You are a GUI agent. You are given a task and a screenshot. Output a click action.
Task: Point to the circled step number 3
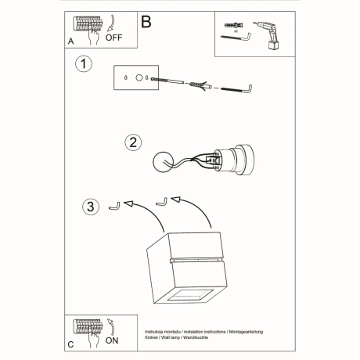92,207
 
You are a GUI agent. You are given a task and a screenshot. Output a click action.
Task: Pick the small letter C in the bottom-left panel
72,345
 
